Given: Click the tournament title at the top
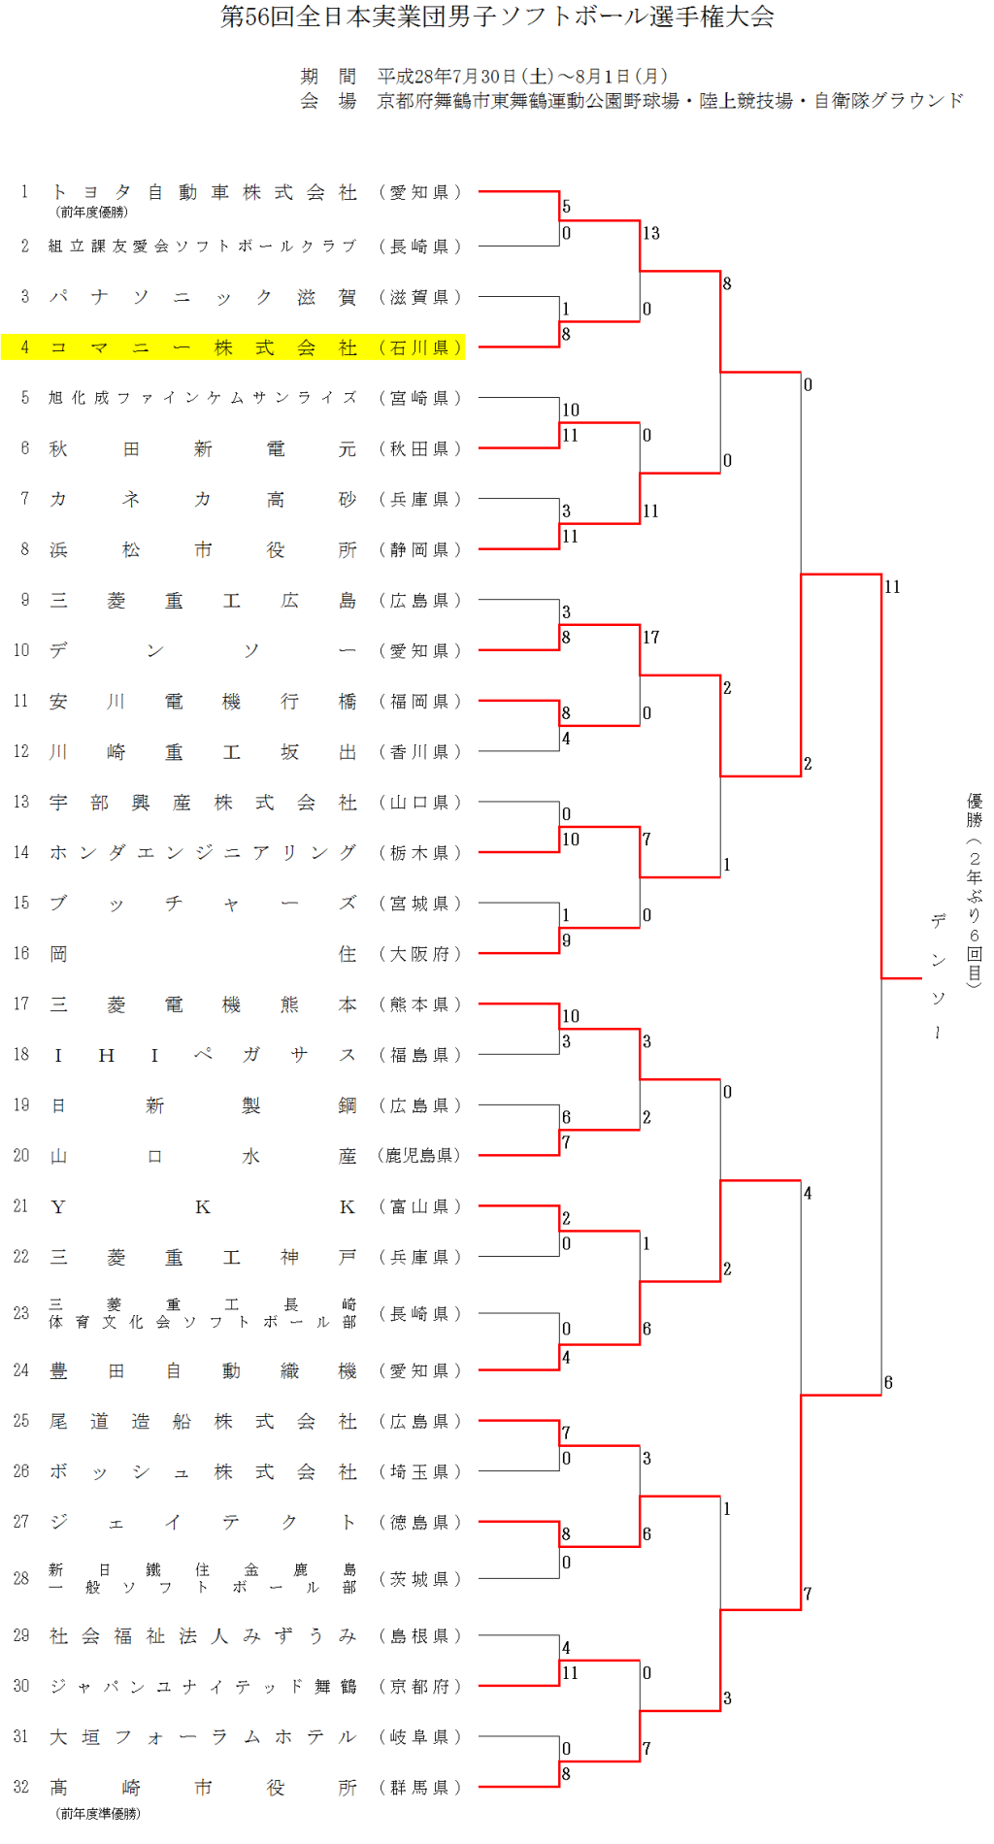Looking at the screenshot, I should pyautogui.click(x=497, y=16).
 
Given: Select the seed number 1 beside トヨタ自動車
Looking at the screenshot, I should pyautogui.click(x=24, y=191).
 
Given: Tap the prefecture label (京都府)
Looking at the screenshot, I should pyautogui.click(x=420, y=1687).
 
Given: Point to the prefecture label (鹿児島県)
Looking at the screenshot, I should pyautogui.click(x=420, y=1155).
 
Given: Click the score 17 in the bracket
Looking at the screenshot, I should pyautogui.click(x=651, y=638).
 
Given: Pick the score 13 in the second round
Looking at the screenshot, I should pyautogui.click(x=651, y=233).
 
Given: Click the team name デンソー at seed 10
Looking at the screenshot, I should pyautogui.click(x=203, y=650).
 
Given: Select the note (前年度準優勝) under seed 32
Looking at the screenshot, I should pyautogui.click(x=98, y=1813).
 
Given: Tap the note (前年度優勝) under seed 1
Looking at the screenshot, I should pyautogui.click(x=92, y=212).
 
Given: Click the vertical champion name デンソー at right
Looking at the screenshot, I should pyautogui.click(x=938, y=975).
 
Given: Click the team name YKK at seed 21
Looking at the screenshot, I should pyautogui.click(x=203, y=1206).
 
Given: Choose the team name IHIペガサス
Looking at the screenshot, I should pyautogui.click(x=203, y=1055).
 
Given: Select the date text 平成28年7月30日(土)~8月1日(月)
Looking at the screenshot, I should pyautogui.click(x=522, y=76).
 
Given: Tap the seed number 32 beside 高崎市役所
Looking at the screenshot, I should pyautogui.click(x=21, y=1787).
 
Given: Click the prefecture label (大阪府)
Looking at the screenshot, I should pyautogui.click(x=420, y=954).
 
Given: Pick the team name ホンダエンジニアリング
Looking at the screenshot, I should pyautogui.click(x=203, y=852).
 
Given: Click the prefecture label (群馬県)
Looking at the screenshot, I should pyautogui.click(x=420, y=1787).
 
